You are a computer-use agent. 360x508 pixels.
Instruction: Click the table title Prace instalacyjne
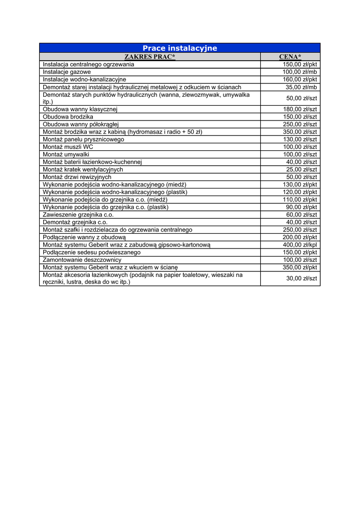pyautogui.click(x=180, y=48)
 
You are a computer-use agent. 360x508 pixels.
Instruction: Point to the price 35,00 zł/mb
pyautogui.click(x=301, y=87)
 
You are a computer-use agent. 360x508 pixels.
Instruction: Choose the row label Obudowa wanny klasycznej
pyautogui.click(x=80, y=109)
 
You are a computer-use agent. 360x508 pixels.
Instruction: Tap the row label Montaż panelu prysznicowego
pyautogui.click(x=83, y=139)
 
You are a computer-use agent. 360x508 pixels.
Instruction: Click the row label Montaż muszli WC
pyautogui.click(x=68, y=147)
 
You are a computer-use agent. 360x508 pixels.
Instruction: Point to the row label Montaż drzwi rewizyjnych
pyautogui.click(x=77, y=177)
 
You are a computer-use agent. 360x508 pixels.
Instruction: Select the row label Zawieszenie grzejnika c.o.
pyautogui.click(x=78, y=215)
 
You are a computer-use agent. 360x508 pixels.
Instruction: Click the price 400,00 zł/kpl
pyautogui.click(x=300, y=245)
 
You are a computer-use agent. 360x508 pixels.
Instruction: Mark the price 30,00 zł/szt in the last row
pyautogui.click(x=301, y=278)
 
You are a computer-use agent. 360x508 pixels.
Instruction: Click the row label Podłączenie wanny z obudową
pyautogui.click(x=84, y=237)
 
